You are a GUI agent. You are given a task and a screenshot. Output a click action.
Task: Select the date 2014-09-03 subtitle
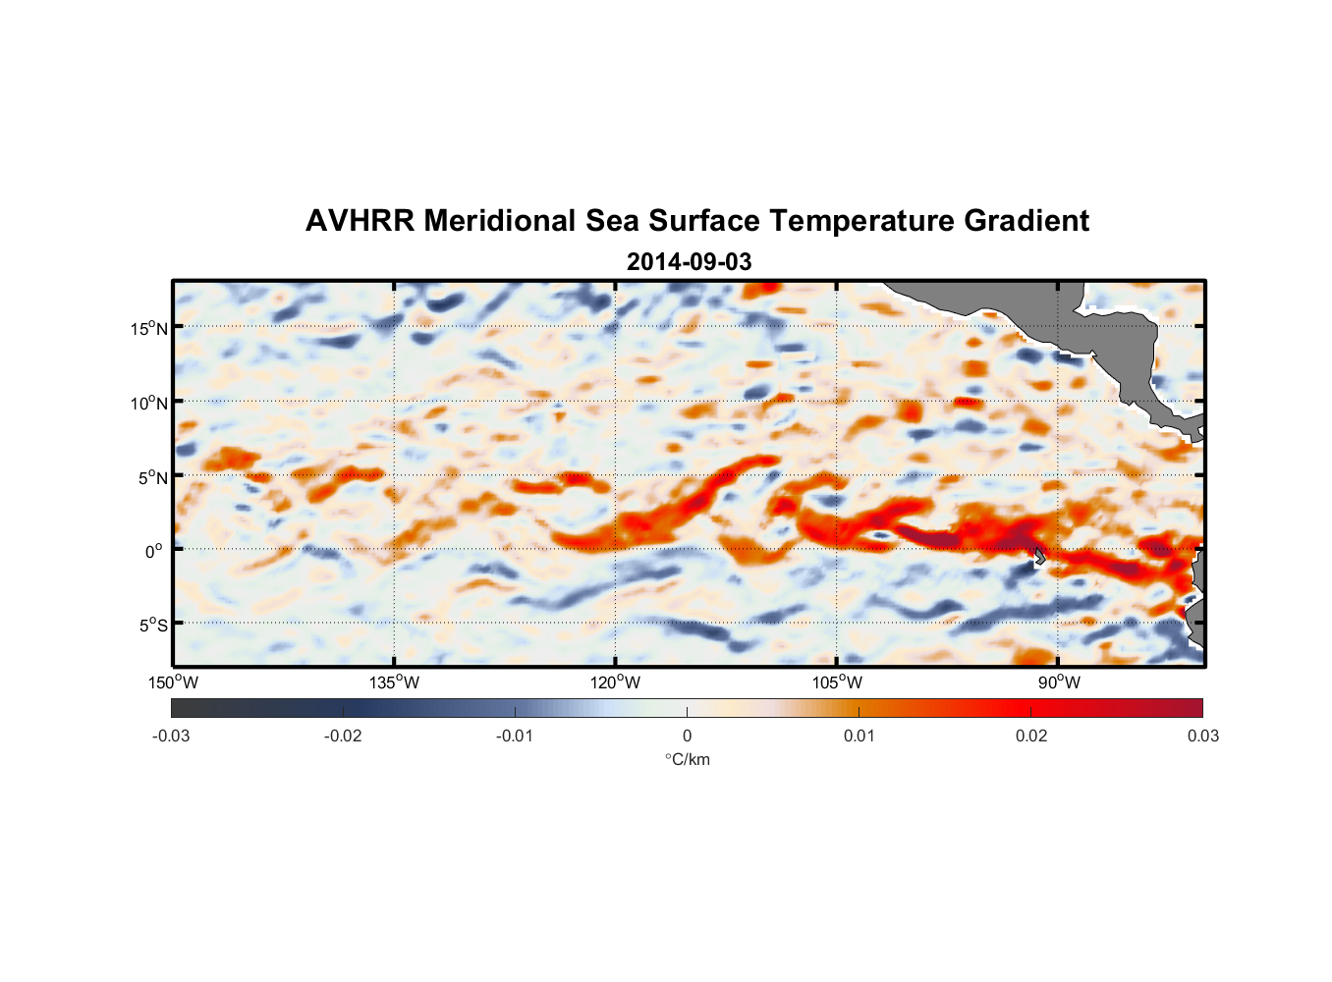[689, 262]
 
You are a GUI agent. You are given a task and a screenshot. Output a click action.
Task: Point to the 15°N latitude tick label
[148, 328]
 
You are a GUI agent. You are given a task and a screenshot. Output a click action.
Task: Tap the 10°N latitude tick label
[148, 403]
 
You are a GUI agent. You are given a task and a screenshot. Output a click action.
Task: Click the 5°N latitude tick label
[152, 477]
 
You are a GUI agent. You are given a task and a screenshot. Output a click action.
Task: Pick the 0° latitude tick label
[154, 551]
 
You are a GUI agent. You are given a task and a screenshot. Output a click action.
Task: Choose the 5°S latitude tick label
[152, 626]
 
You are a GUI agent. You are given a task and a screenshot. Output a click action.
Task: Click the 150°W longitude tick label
[173, 682]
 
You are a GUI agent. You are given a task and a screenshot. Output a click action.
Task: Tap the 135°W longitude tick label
[394, 682]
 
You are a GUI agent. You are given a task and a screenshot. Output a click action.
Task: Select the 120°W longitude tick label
[615, 682]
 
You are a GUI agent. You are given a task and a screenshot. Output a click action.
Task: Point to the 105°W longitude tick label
[837, 682]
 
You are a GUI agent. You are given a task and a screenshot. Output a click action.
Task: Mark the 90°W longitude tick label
[1059, 682]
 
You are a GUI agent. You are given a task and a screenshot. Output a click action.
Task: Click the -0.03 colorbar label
[171, 736]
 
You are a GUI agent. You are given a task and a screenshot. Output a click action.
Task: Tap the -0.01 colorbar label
[515, 736]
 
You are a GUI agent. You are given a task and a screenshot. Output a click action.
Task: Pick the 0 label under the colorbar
[687, 736]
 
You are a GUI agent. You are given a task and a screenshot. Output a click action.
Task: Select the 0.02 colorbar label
[1031, 736]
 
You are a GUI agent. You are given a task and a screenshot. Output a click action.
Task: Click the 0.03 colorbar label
[1202, 736]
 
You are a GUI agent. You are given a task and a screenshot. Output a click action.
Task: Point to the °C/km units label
[687, 759]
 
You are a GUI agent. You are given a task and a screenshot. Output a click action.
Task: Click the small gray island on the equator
[1040, 556]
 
